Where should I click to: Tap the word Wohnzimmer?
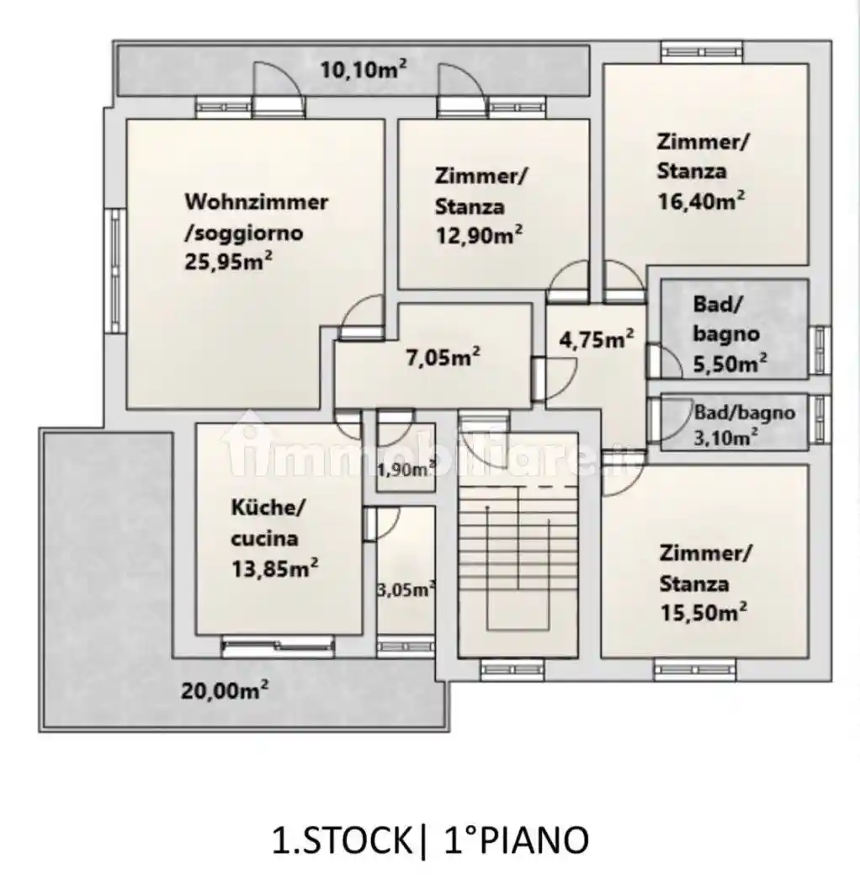pyautogui.click(x=257, y=202)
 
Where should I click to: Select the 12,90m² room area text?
pyautogui.click(x=479, y=235)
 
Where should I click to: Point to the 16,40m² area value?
pyautogui.click(x=702, y=200)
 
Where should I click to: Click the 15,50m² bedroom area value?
pyautogui.click(x=703, y=612)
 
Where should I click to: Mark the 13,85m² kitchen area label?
pyautogui.click(x=274, y=568)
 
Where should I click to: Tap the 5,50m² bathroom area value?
pyautogui.click(x=730, y=364)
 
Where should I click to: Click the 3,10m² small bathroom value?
pyautogui.click(x=726, y=438)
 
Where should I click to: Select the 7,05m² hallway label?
pyautogui.click(x=443, y=357)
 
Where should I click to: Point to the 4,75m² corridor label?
pyautogui.click(x=597, y=339)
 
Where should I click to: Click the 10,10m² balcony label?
pyautogui.click(x=364, y=70)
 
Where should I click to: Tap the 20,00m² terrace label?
pyautogui.click(x=225, y=690)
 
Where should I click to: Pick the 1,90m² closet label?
pyautogui.click(x=406, y=469)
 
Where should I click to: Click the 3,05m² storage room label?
pyautogui.click(x=406, y=589)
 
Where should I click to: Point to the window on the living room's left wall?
pyautogui.click(x=116, y=270)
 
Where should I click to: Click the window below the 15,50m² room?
pyautogui.click(x=695, y=669)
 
